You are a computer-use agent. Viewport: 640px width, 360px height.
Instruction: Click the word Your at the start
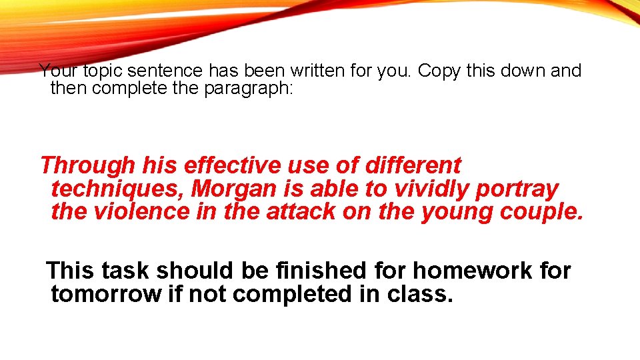59,71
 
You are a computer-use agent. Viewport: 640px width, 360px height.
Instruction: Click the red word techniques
117,189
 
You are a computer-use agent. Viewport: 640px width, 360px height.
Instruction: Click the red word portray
517,189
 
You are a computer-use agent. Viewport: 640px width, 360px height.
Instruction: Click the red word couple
541,212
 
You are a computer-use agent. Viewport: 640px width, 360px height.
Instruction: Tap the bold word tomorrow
106,293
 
